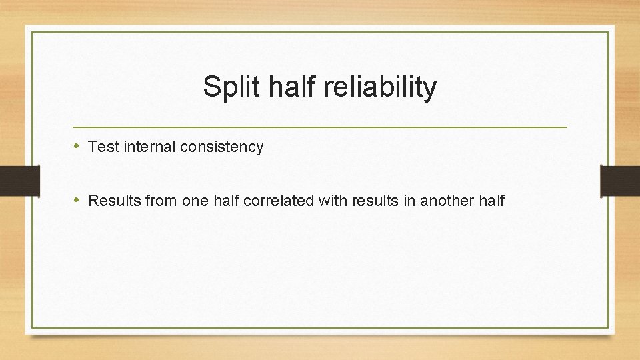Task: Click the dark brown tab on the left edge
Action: pos(19,181)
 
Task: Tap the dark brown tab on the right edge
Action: pos(620,181)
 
